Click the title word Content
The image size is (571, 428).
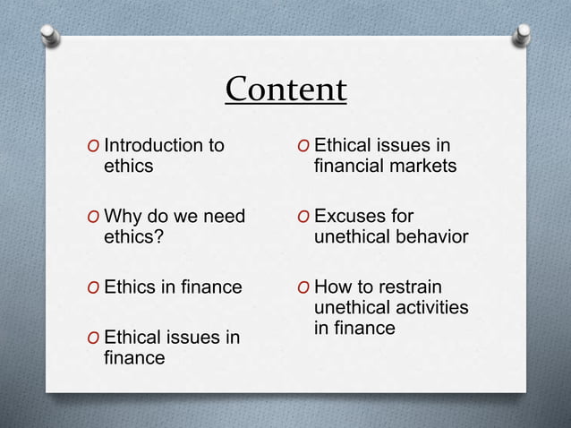285,90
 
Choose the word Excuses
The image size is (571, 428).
352,216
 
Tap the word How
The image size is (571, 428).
334,287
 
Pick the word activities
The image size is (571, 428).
425,307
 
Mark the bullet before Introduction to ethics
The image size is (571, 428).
93,146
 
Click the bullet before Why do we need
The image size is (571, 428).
93,217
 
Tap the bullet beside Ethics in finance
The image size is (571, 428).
93,287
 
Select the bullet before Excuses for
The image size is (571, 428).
304,217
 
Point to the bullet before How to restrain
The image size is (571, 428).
304,287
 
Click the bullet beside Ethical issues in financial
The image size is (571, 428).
304,146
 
